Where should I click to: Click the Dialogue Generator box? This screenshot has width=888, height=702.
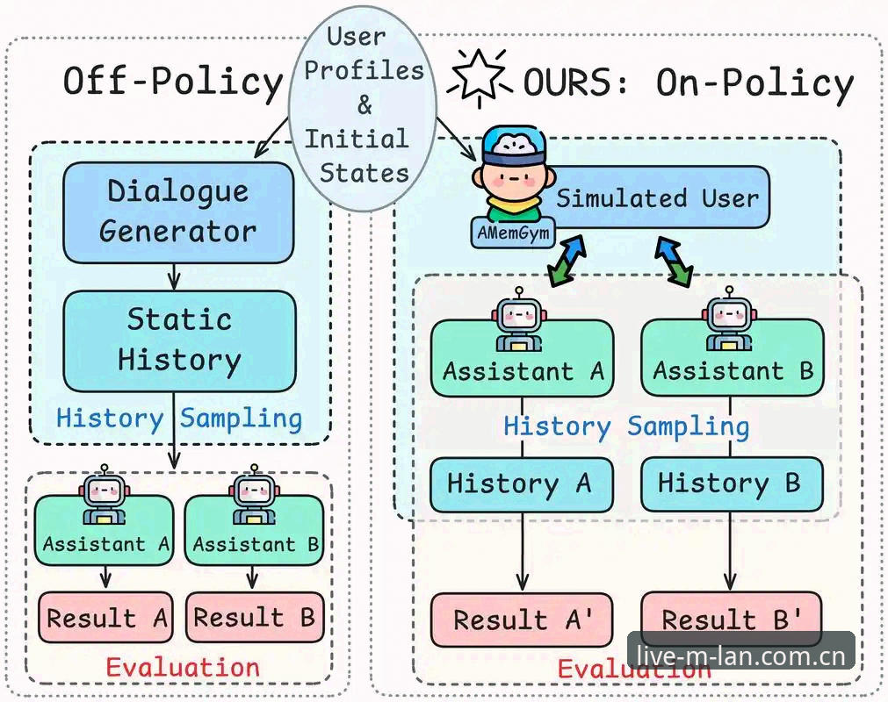click(178, 212)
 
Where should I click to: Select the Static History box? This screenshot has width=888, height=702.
click(179, 341)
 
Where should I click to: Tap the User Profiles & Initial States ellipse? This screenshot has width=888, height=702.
click(363, 107)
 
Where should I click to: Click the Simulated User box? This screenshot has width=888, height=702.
click(651, 197)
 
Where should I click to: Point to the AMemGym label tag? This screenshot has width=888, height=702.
click(513, 233)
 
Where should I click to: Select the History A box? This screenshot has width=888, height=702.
click(522, 484)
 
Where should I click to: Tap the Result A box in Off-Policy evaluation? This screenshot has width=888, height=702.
click(105, 618)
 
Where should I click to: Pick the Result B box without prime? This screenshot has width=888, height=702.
click(255, 617)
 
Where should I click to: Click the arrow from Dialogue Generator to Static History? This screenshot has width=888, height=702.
click(174, 277)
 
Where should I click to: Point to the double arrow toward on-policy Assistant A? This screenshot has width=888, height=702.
click(567, 261)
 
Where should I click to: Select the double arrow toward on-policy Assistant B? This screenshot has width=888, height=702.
click(674, 261)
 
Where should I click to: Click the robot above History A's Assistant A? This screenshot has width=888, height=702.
click(519, 319)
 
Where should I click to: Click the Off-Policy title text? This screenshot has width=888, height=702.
click(173, 82)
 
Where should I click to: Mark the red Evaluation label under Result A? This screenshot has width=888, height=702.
click(183, 668)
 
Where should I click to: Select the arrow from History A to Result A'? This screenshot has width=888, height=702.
click(522, 552)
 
